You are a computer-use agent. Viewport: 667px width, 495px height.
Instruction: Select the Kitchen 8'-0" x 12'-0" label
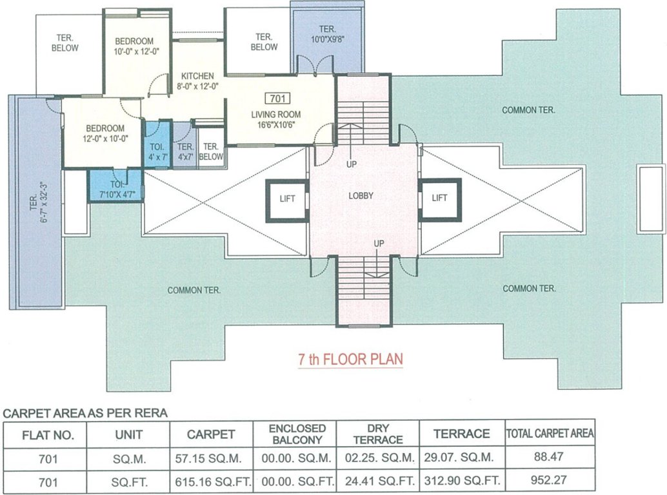click(x=197, y=81)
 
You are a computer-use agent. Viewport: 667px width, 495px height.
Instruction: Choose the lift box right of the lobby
click(x=439, y=199)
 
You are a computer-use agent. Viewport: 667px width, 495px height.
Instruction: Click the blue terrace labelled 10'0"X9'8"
click(x=327, y=34)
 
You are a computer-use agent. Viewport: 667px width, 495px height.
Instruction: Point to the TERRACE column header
click(x=463, y=434)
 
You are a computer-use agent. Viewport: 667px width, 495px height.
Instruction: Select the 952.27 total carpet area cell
click(x=550, y=480)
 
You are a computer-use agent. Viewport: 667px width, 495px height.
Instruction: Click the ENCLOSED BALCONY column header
click(x=297, y=434)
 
